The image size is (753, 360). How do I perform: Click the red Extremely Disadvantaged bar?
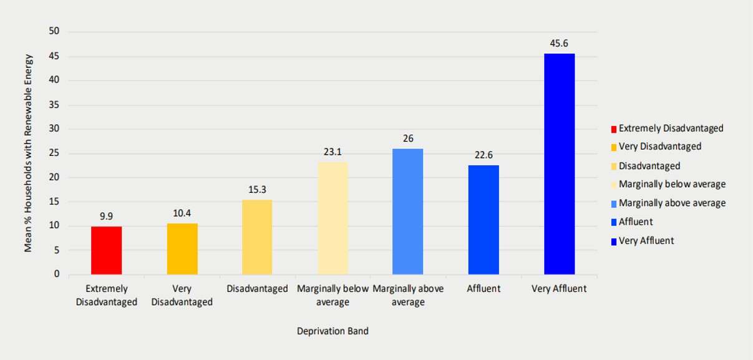click(106, 250)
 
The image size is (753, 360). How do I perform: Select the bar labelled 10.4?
click(182, 249)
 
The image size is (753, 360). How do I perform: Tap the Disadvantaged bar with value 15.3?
click(257, 237)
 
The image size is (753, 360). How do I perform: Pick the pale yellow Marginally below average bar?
click(333, 218)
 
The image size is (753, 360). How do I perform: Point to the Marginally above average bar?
click(408, 212)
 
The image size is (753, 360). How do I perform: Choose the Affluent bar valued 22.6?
click(483, 220)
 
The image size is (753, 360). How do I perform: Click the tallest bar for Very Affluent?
click(560, 164)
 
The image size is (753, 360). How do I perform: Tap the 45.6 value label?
click(559, 43)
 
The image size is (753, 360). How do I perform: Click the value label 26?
click(408, 139)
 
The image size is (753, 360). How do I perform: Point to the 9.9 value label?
click(106, 216)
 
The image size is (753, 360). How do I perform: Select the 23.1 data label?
click(333, 152)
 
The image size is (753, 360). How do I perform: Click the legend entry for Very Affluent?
click(643, 241)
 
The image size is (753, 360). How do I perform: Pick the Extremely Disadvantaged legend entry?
click(668, 129)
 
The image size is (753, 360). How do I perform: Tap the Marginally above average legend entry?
click(668, 203)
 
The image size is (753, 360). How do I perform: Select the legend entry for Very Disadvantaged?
click(656, 147)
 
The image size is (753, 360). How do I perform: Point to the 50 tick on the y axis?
click(54, 31)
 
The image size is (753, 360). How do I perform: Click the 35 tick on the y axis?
click(54, 105)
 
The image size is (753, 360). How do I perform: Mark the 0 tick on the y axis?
click(57, 274)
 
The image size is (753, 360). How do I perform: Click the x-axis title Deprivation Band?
click(333, 331)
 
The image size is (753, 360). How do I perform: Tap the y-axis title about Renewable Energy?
click(28, 153)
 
